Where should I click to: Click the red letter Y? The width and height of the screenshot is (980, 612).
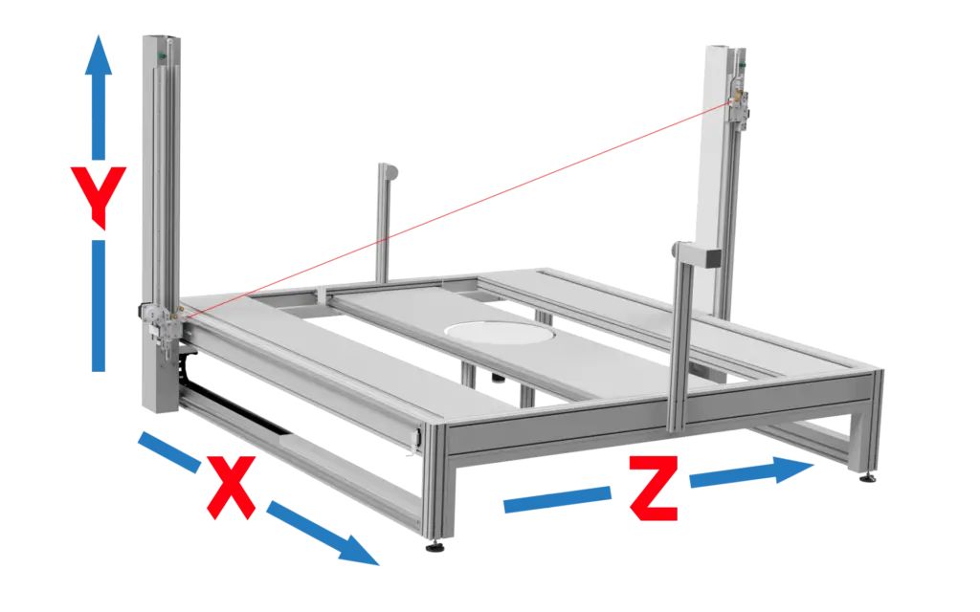coord(99,195)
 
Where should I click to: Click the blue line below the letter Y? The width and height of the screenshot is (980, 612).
coord(99,306)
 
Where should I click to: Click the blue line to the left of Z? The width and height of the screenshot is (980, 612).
coord(555,500)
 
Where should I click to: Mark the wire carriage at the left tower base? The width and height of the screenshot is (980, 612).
coord(161,325)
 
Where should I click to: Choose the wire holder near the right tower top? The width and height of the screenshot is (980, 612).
coord(737,96)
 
